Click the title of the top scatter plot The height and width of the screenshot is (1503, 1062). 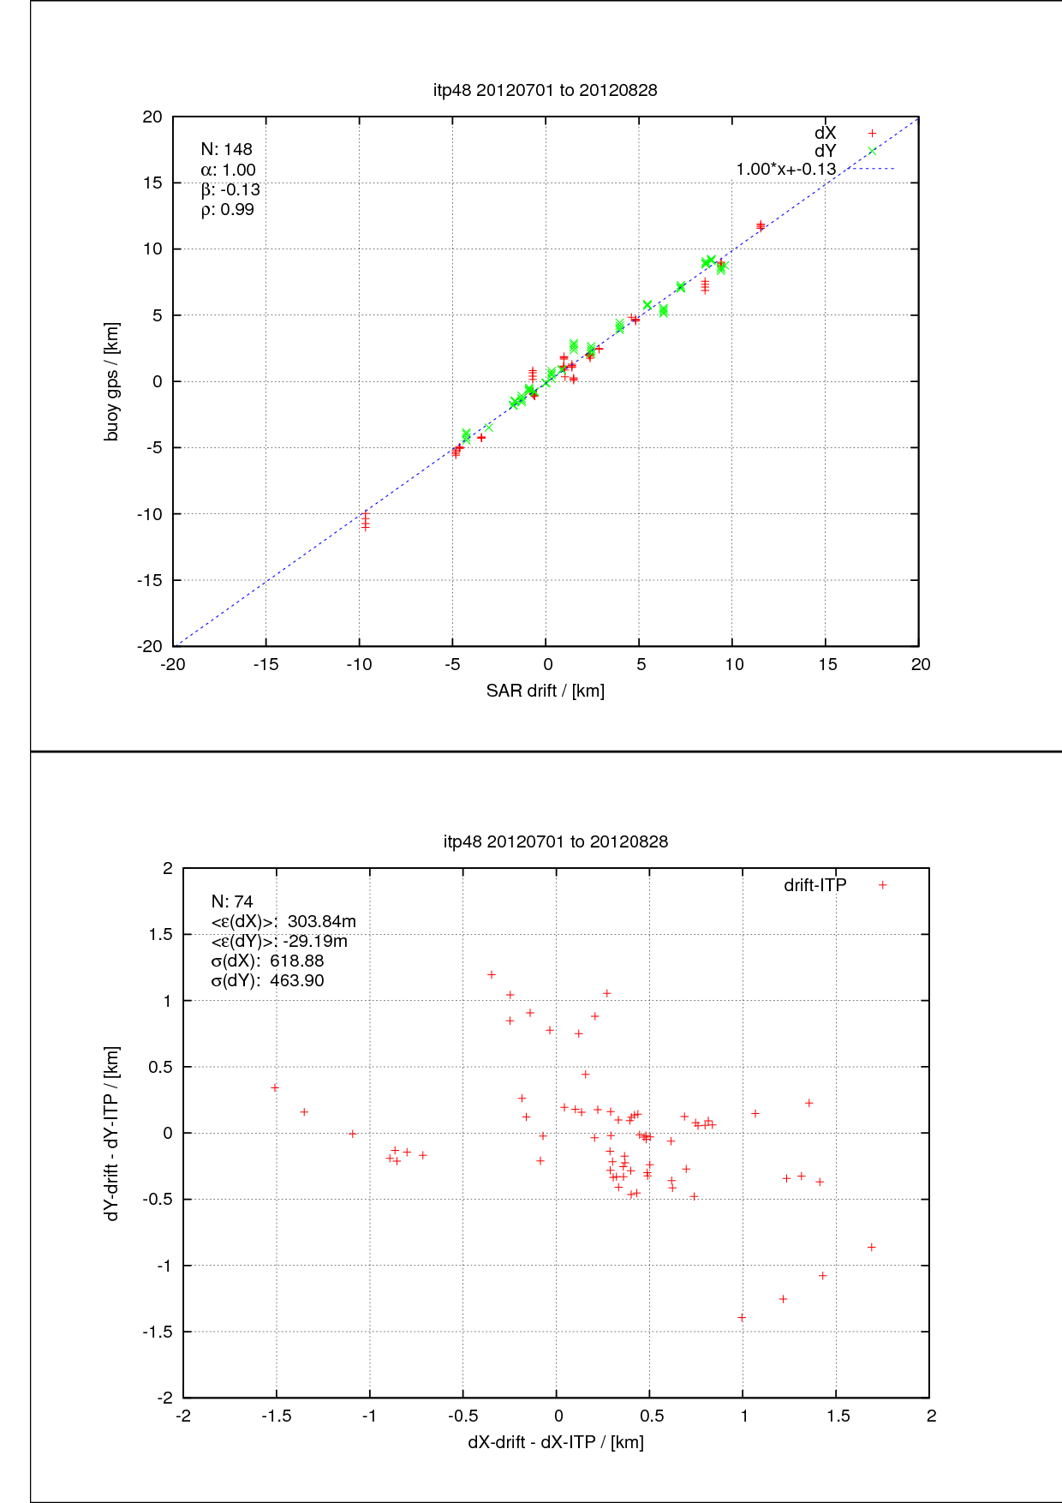click(545, 90)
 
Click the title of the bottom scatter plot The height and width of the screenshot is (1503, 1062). click(555, 841)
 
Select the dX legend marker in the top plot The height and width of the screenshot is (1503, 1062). click(872, 133)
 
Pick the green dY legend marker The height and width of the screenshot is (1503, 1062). click(872, 151)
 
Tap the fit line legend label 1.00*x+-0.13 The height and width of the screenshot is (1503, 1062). click(785, 169)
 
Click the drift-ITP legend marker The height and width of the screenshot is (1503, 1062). click(882, 885)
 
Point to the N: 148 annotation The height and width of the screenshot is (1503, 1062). click(226, 149)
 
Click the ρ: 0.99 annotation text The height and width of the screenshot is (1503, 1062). click(227, 209)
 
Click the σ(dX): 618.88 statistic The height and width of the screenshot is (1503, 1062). click(267, 961)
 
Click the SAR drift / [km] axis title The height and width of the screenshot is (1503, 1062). click(545, 691)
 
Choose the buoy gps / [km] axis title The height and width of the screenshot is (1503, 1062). click(111, 381)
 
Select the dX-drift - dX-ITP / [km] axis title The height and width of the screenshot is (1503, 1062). click(555, 1442)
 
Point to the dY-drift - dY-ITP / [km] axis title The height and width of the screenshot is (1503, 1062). click(111, 1133)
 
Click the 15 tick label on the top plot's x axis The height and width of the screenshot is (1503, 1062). click(826, 665)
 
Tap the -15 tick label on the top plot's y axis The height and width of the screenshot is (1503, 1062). click(150, 580)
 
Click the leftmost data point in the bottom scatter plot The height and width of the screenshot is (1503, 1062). click(275, 1087)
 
